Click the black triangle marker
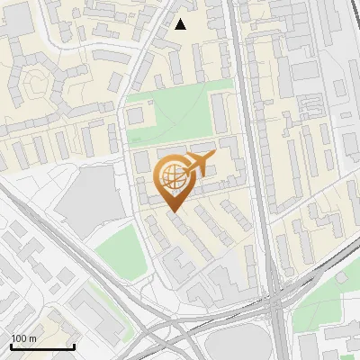click(x=180, y=24)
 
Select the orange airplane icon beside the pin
click(x=199, y=164)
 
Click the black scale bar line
click(x=42, y=346)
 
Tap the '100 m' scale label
click(x=24, y=338)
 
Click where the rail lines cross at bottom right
click(x=274, y=310)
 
